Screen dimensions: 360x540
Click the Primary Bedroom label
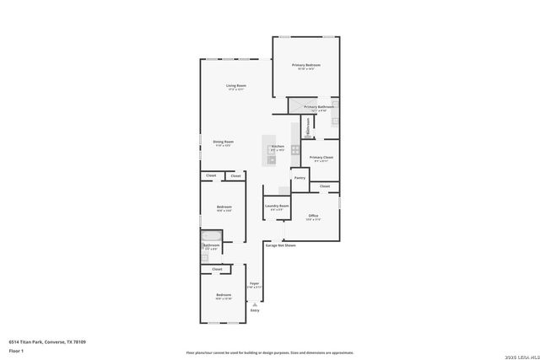(x=306, y=65)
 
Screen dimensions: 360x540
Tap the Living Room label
(x=235, y=86)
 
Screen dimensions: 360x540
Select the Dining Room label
(x=224, y=142)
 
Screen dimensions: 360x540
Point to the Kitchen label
(x=278, y=147)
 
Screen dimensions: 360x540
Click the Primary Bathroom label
(x=320, y=107)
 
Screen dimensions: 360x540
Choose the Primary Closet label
(x=321, y=158)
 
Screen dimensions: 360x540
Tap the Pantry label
(x=300, y=178)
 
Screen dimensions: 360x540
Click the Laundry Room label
(x=277, y=206)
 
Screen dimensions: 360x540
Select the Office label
(x=312, y=216)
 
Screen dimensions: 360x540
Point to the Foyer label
(x=254, y=284)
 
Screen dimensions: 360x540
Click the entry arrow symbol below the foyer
(x=255, y=304)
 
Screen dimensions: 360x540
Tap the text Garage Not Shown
(x=281, y=245)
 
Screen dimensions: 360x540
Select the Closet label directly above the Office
(x=325, y=185)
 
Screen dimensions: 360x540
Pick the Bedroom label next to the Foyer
(x=223, y=295)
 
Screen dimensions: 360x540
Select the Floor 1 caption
(x=16, y=350)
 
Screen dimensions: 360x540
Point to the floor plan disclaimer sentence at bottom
(x=269, y=352)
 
